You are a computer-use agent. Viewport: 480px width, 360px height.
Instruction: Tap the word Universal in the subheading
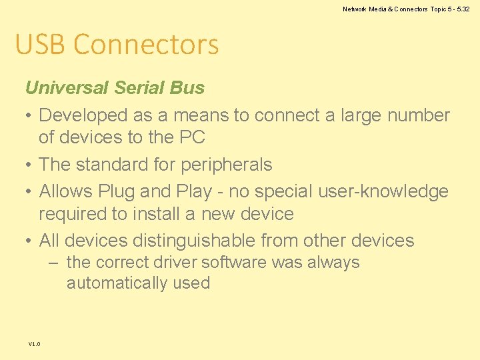coord(67,87)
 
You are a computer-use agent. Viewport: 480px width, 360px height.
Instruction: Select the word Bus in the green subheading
coord(187,87)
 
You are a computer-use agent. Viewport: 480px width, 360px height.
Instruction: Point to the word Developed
coord(83,115)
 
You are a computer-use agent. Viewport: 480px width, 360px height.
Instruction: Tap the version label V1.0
coord(35,344)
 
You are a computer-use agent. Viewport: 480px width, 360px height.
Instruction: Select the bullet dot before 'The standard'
coord(29,165)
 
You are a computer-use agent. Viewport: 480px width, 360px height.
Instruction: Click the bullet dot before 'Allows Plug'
coord(29,191)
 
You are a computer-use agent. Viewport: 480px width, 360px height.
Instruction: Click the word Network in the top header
coord(355,9)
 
